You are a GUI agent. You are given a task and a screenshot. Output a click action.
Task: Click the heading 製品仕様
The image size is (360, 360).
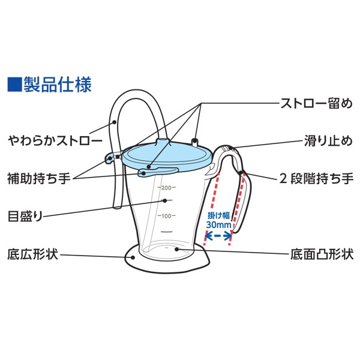click(58, 84)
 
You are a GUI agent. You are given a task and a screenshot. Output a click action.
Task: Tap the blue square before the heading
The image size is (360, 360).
click(13, 84)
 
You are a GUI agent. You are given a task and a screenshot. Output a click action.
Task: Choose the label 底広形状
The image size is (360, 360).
click(32, 254)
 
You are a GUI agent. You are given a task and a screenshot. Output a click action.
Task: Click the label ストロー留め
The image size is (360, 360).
click(317, 103)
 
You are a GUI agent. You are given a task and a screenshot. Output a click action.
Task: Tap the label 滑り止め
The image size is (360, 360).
click(329, 142)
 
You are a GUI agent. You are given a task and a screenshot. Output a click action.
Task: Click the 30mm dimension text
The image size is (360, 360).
click(218, 224)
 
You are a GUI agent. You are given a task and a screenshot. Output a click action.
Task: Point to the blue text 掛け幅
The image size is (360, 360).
click(218, 214)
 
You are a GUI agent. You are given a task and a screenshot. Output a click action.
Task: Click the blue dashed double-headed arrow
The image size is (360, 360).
click(218, 236)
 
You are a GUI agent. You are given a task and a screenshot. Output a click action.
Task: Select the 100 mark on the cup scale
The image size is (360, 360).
click(166, 215)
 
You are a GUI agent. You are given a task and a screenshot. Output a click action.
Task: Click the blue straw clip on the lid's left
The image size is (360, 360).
click(110, 158)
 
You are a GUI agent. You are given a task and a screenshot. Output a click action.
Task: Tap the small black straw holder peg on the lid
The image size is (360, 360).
click(195, 142)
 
